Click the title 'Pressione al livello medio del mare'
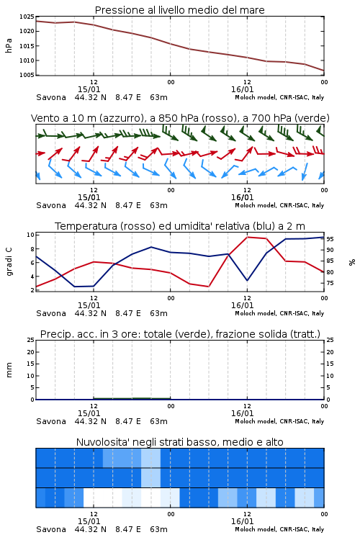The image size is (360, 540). (179, 10)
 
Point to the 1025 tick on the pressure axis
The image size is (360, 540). (27, 17)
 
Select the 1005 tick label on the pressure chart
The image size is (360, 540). (27, 75)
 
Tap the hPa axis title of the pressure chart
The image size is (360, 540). (9, 45)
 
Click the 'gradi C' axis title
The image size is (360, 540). (9, 262)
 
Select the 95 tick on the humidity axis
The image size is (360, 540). (330, 238)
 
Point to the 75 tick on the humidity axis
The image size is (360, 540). (330, 283)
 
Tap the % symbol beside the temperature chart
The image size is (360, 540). (352, 262)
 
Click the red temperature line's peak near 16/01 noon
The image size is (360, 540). (248, 237)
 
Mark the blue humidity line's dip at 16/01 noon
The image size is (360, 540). (247, 280)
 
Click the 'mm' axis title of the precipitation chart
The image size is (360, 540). (9, 370)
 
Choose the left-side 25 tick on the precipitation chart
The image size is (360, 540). (31, 341)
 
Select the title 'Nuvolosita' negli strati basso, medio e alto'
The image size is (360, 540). (179, 442)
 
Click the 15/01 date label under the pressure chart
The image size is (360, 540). (89, 89)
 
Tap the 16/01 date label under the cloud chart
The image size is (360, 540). (242, 521)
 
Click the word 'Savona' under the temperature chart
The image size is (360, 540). (51, 313)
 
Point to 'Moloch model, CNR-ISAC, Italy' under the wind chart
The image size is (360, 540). (279, 205)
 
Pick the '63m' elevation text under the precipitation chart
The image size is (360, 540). (159, 421)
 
